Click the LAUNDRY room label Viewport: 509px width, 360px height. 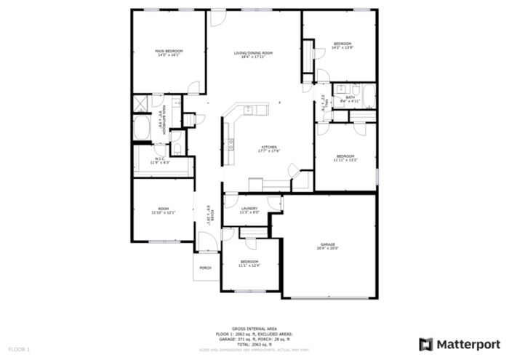(x=249, y=209)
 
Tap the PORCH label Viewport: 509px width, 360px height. (x=205, y=268)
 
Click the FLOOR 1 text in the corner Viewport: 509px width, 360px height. (x=20, y=349)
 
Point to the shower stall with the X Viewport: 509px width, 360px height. (x=140, y=104)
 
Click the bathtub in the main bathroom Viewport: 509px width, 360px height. (x=143, y=132)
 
